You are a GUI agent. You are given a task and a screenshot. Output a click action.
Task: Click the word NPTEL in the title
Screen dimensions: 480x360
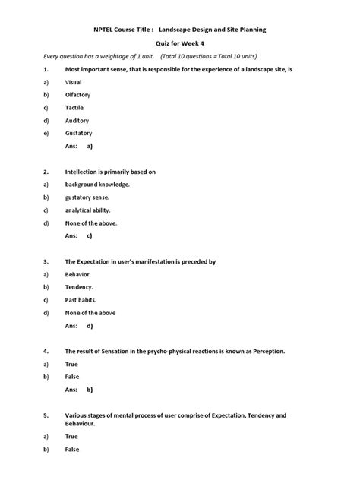pos(105,30)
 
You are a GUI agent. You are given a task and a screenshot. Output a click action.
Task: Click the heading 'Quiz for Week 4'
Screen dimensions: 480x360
pos(179,44)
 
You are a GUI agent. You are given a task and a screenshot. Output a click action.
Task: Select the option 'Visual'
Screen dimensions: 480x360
pos(74,81)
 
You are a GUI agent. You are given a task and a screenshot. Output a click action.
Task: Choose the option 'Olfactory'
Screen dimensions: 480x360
pos(77,94)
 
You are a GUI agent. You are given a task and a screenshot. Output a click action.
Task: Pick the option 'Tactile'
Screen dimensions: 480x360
pos(74,107)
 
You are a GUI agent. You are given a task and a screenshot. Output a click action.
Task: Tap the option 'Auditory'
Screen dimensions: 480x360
pos(77,120)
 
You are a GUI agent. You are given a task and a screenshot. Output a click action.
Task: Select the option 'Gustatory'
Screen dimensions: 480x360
pos(78,133)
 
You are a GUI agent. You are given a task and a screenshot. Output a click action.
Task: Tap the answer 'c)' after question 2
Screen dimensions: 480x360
pos(90,236)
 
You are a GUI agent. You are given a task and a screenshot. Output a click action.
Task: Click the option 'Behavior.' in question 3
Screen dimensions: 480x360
pos(78,274)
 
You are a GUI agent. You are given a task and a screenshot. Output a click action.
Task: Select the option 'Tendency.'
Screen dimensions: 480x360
pos(79,287)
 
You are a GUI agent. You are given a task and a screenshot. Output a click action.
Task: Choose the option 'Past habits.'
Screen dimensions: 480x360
pos(81,300)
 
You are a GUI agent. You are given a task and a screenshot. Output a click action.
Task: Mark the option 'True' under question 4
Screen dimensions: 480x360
pos(71,365)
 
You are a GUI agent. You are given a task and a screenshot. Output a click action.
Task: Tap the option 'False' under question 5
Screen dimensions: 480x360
pos(72,450)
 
